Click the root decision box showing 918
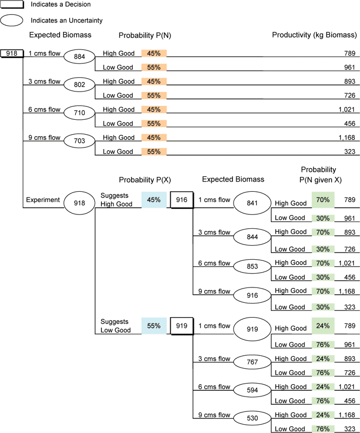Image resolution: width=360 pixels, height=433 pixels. (x=12, y=53)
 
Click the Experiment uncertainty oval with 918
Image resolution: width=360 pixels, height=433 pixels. (x=79, y=199)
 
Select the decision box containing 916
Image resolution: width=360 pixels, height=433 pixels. (x=181, y=199)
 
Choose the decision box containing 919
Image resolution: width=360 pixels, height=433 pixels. (x=181, y=326)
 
